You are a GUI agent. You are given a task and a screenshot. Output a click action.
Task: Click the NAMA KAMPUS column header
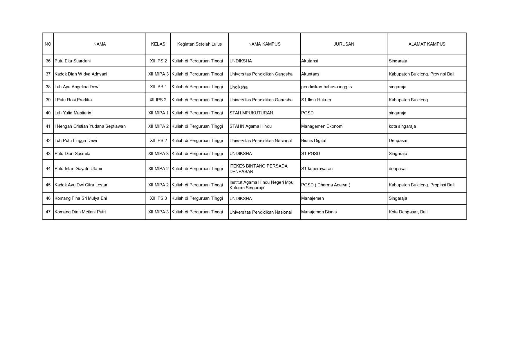[264, 44]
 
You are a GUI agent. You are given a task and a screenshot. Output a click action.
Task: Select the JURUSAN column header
[344, 44]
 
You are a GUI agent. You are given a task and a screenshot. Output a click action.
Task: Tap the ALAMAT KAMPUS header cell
[427, 44]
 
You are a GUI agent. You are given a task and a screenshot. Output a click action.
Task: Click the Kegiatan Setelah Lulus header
[199, 44]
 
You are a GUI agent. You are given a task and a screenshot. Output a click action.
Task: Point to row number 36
[48, 61]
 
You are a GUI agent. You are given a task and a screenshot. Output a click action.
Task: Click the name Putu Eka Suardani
[73, 61]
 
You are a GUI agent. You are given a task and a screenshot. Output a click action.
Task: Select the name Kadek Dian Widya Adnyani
[81, 74]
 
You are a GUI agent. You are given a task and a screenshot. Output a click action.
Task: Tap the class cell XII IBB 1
[158, 87]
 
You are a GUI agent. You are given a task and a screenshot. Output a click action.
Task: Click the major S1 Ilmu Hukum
[316, 100]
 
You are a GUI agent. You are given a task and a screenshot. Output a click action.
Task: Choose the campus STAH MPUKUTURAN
[251, 113]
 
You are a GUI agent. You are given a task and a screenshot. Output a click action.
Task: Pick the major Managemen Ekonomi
[322, 126]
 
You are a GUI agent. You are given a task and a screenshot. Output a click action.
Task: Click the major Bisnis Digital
[313, 141]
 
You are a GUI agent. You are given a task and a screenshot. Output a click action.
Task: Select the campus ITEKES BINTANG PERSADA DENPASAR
[258, 169]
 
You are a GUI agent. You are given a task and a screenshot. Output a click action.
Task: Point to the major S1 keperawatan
[317, 169]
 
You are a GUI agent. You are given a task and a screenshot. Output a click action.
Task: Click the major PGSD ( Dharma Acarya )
[326, 185]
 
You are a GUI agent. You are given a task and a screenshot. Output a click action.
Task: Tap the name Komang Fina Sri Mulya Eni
[81, 198]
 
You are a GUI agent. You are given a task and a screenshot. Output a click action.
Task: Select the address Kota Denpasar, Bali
[408, 212]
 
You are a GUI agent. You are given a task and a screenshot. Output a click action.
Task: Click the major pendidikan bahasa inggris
[326, 87]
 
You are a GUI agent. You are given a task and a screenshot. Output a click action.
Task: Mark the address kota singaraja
[402, 126]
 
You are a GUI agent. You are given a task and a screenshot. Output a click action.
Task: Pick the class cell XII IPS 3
[158, 198]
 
